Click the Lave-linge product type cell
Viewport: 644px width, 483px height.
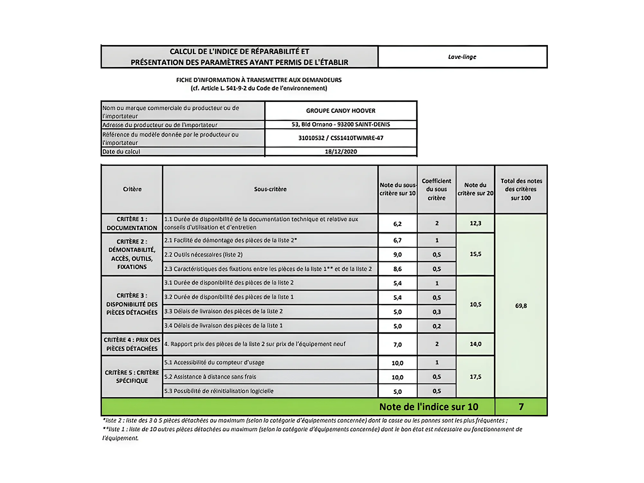pyautogui.click(x=462, y=57)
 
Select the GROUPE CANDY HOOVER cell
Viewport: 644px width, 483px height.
pyautogui.click(x=340, y=111)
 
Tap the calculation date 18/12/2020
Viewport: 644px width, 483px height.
pyautogui.click(x=340, y=151)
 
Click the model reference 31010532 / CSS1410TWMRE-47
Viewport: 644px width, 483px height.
pyautogui.click(x=340, y=138)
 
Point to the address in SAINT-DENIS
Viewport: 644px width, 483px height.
pyautogui.click(x=340, y=124)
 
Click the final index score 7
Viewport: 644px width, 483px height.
pyautogui.click(x=521, y=407)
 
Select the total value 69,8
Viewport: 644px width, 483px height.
pyautogui.click(x=521, y=305)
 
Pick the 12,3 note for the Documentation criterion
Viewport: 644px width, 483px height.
pyautogui.click(x=475, y=223)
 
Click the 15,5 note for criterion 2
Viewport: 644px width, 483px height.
pyautogui.click(x=475, y=254)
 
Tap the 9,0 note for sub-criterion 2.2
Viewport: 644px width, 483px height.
pyautogui.click(x=397, y=255)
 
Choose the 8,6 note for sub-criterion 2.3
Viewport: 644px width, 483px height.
pyautogui.click(x=397, y=269)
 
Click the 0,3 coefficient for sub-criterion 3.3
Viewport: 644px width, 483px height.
pyautogui.click(x=436, y=312)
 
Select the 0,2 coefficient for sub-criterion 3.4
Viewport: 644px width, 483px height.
pyautogui.click(x=436, y=326)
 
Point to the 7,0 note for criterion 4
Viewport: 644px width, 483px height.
pyautogui.click(x=397, y=344)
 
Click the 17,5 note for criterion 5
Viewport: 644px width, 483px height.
pyautogui.click(x=475, y=377)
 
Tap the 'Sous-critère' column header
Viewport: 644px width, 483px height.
pyautogui.click(x=270, y=189)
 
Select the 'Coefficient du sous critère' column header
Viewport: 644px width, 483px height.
pyautogui.click(x=436, y=189)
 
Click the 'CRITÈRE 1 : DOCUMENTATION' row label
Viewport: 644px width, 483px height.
pyautogui.click(x=132, y=223)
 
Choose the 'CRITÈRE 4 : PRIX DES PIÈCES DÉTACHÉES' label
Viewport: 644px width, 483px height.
pyautogui.click(x=132, y=344)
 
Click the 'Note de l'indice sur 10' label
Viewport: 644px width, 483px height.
pyautogui.click(x=428, y=407)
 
